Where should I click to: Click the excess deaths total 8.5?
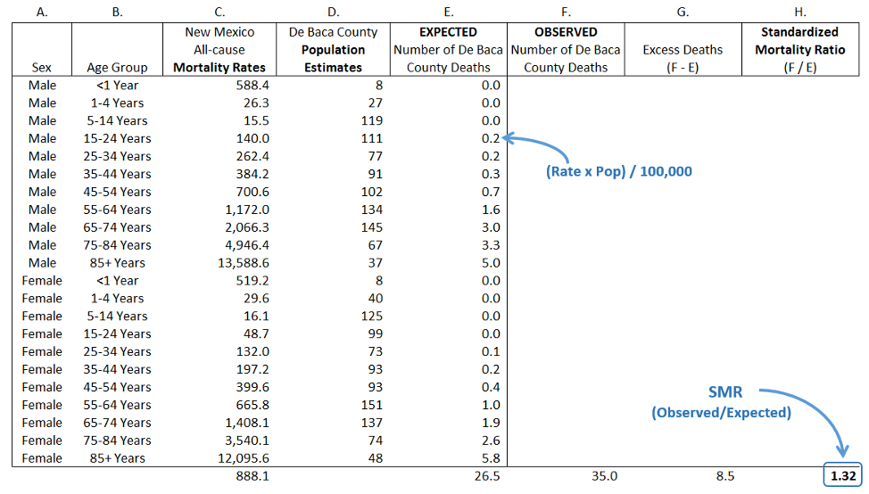point(725,476)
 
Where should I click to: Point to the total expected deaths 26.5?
point(488,476)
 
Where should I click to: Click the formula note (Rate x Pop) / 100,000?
point(618,171)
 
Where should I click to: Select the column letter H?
point(800,12)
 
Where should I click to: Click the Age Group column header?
point(118,67)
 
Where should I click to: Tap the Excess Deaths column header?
point(683,50)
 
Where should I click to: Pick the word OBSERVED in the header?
point(566,32)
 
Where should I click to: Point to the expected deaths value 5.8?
point(491,458)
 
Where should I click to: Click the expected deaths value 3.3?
point(491,245)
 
